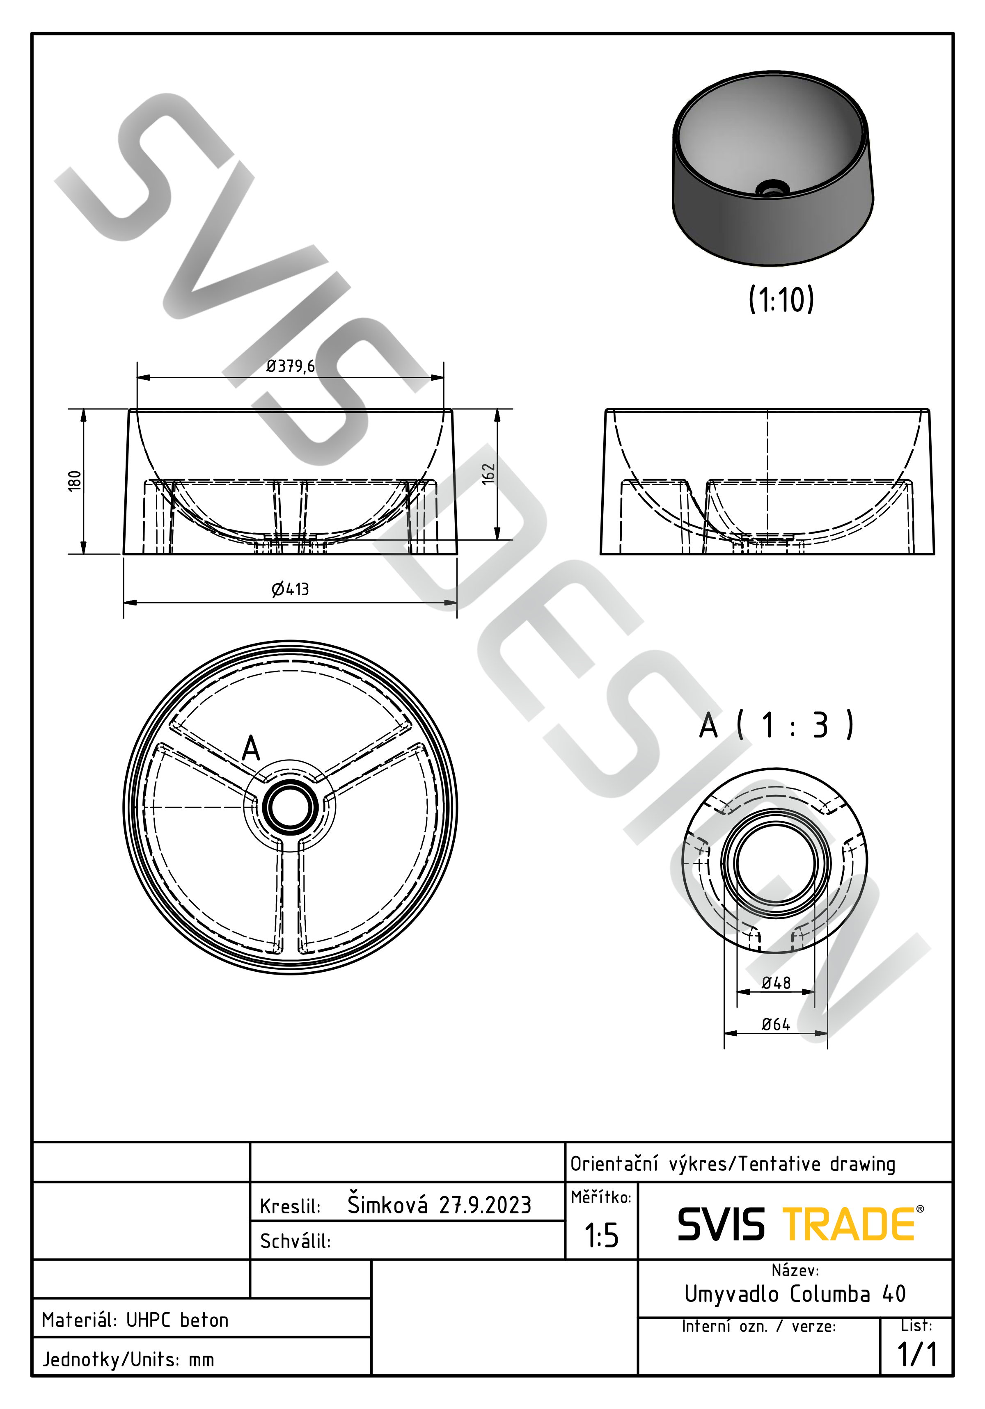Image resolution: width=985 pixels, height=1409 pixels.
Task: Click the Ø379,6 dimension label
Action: [x=291, y=366]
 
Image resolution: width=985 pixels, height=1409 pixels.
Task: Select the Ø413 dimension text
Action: [x=291, y=589]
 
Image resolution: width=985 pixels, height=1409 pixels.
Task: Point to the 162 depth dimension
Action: [x=488, y=474]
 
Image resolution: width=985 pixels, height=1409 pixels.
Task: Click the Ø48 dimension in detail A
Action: [x=776, y=983]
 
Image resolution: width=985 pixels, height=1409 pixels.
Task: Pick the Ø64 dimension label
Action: [x=776, y=1024]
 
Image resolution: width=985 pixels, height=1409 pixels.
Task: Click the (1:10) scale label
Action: [x=781, y=299]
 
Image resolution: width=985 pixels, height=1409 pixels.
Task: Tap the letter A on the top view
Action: [x=251, y=748]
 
